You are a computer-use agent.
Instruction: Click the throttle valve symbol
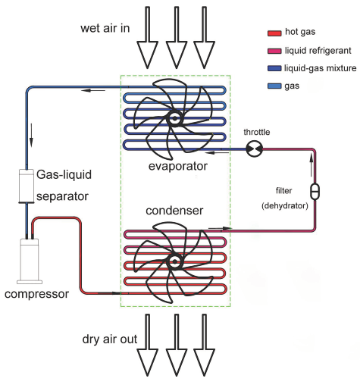tap(254, 149)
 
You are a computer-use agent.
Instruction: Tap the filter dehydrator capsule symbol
tap(315, 192)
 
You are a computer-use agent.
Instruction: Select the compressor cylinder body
tap(30, 261)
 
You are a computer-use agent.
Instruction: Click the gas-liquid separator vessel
tap(27, 186)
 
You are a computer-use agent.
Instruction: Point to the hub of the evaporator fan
tap(174, 118)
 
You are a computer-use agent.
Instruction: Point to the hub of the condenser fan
tap(174, 261)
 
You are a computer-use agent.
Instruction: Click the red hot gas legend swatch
tap(274, 33)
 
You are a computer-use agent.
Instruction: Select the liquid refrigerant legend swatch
tap(274, 51)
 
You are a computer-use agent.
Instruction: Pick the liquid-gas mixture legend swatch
tap(274, 68)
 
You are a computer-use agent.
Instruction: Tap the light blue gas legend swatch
tap(274, 86)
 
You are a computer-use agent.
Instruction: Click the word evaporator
tap(178, 167)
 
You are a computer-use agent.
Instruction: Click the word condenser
tap(174, 211)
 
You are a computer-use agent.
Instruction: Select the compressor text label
tap(36, 294)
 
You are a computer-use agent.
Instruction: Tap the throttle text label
tap(257, 132)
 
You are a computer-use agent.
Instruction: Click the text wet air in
tap(105, 28)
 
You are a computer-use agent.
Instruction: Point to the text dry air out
tap(110, 339)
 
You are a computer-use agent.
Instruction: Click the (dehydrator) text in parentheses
tap(285, 205)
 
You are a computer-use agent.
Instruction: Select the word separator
tap(62, 197)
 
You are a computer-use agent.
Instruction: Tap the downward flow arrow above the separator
tap(31, 135)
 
